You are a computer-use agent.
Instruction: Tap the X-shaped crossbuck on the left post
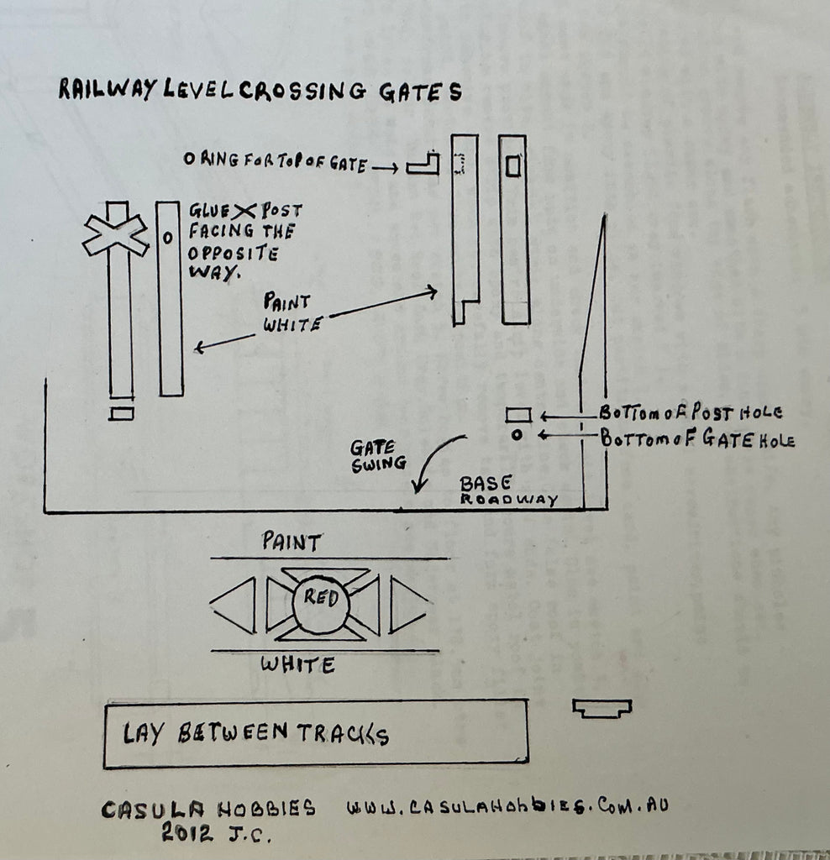(116, 235)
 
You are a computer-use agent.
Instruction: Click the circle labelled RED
(320, 601)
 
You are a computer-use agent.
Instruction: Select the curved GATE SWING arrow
(433, 462)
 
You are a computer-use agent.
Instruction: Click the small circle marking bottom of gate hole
(516, 435)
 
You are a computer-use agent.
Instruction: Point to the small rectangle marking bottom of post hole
(517, 415)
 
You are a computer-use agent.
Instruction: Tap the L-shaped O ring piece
(423, 164)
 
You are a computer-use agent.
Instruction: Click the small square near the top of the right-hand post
(513, 166)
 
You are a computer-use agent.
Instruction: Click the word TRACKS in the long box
(343, 733)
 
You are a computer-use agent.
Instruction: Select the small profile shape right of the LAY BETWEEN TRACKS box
(601, 708)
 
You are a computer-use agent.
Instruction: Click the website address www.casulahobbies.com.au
(507, 805)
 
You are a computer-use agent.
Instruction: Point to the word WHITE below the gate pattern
(297, 665)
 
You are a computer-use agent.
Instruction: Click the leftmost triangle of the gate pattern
(234, 606)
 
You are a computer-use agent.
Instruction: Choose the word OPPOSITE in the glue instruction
(234, 253)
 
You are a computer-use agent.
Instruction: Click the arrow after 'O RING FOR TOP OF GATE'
(385, 168)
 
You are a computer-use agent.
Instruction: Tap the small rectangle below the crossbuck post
(121, 413)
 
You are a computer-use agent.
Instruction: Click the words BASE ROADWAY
(508, 490)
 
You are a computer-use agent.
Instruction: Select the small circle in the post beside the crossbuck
(168, 238)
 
